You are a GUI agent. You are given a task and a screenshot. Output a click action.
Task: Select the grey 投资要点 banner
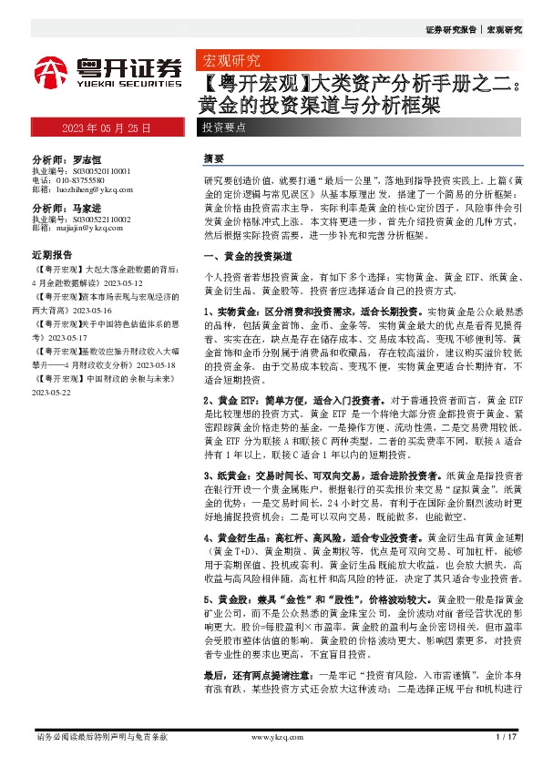[x=223, y=128]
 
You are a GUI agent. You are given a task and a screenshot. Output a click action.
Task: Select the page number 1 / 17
[x=507, y=736]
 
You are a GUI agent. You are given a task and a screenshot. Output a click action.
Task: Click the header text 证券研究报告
[x=450, y=30]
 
